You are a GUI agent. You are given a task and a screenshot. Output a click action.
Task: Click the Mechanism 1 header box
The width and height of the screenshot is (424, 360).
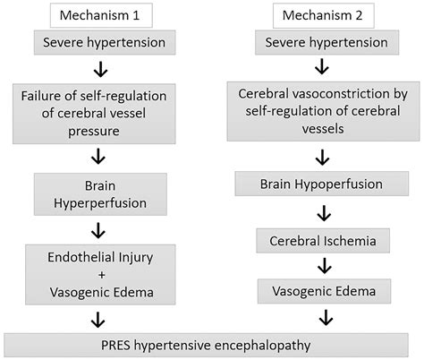(102, 15)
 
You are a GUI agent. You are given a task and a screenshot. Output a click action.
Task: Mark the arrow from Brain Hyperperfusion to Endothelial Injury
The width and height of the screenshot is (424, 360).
(100, 229)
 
